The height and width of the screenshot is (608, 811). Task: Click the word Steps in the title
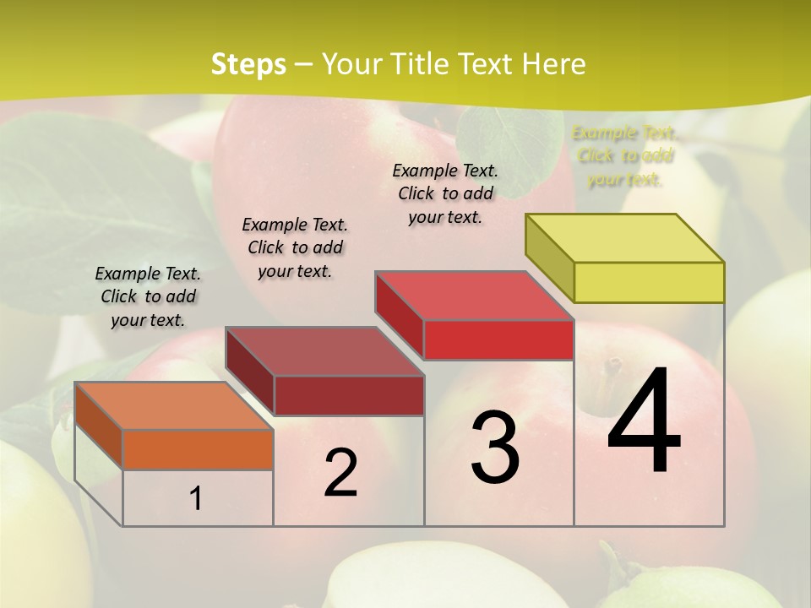point(248,64)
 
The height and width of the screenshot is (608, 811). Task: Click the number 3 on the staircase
point(495,447)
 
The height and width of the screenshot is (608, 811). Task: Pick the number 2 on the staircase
point(340,474)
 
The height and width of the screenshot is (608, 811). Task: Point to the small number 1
point(196,499)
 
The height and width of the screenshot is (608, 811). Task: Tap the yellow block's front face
point(649,282)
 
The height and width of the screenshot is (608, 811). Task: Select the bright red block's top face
point(474,296)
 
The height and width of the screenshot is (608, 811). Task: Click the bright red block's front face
point(498,339)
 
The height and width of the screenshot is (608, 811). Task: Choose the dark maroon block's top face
point(324,351)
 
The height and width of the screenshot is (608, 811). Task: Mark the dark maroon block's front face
point(348,395)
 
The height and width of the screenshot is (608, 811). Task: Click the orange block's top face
point(174,406)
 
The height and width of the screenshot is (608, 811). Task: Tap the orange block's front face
point(198,449)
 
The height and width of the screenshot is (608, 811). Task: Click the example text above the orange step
point(148,296)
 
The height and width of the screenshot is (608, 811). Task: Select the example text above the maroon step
point(295,247)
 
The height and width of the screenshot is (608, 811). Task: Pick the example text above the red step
point(445,193)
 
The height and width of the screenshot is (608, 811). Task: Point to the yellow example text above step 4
point(625,155)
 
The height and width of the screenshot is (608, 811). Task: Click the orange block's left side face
point(99,427)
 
